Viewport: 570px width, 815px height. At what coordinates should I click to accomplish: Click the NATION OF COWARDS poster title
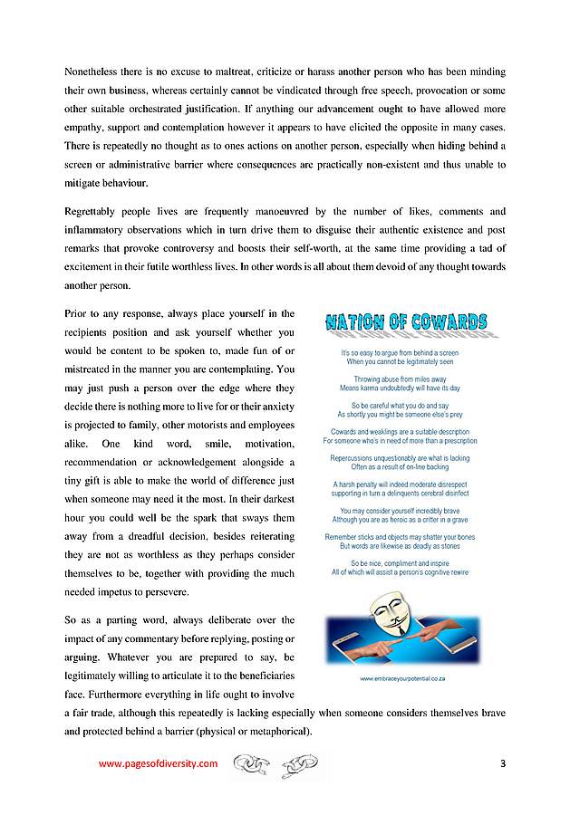[x=406, y=322]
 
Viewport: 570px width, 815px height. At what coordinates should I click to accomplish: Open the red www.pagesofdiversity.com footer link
[x=158, y=763]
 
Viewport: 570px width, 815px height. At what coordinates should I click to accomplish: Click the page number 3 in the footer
[x=502, y=763]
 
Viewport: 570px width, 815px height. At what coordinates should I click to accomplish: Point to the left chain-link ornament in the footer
[x=253, y=765]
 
